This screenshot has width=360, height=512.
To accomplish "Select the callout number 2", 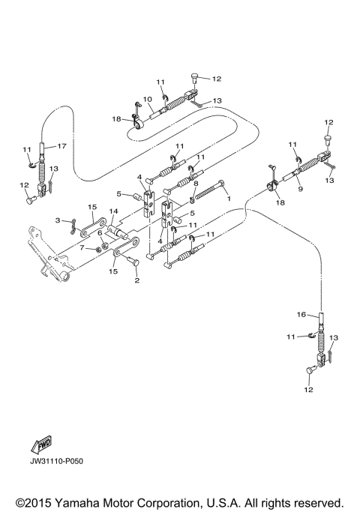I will [x=136, y=281].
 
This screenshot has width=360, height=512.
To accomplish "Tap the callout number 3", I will [x=57, y=220].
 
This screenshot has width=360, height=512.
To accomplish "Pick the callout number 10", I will [x=148, y=99].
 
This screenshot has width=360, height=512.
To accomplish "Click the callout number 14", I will [x=113, y=212].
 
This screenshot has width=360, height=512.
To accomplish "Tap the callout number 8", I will [x=196, y=183].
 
